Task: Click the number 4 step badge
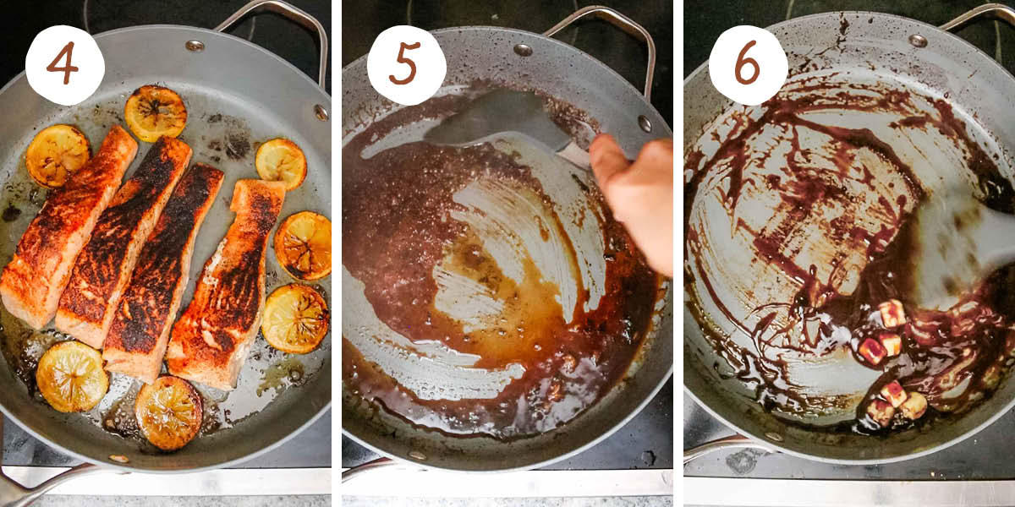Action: tap(64, 65)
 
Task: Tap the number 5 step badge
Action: tap(406, 65)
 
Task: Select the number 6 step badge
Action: tap(748, 65)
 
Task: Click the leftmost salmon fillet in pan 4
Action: tap(68, 228)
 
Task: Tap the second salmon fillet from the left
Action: tap(123, 241)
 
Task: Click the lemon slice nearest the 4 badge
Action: tap(58, 155)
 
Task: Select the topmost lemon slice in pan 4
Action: tap(156, 112)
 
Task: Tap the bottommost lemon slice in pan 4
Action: tap(169, 412)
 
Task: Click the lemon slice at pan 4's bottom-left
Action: tap(72, 376)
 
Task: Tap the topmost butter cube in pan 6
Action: tap(892, 313)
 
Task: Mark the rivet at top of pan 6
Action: tap(918, 41)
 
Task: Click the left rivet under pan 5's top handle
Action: tap(523, 50)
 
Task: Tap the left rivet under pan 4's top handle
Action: tap(195, 46)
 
